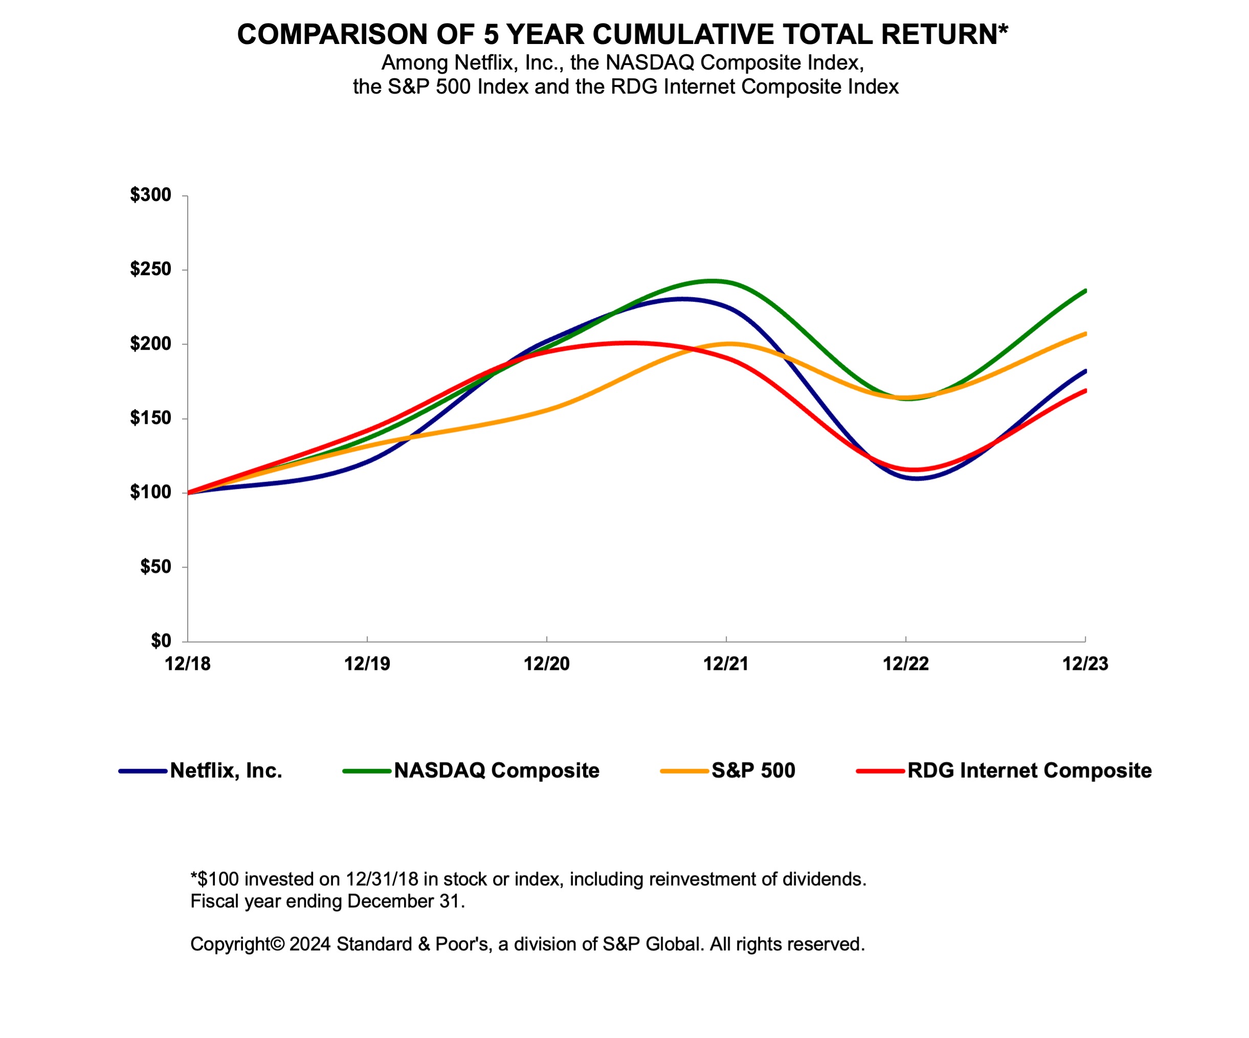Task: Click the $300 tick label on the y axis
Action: point(150,195)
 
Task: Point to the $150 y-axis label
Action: point(150,418)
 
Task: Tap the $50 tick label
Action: point(155,567)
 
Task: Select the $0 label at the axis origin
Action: point(161,641)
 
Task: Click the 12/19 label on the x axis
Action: point(367,664)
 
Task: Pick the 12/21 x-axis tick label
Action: point(726,664)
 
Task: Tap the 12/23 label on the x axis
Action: point(1085,664)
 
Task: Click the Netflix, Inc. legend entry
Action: point(226,771)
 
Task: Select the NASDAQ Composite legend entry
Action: point(496,771)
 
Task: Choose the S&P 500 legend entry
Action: point(753,771)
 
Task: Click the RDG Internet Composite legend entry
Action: point(1029,771)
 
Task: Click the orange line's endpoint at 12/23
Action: point(1085,334)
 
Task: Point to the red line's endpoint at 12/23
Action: point(1085,391)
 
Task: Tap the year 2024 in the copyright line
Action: point(309,944)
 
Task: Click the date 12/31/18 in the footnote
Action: point(382,879)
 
